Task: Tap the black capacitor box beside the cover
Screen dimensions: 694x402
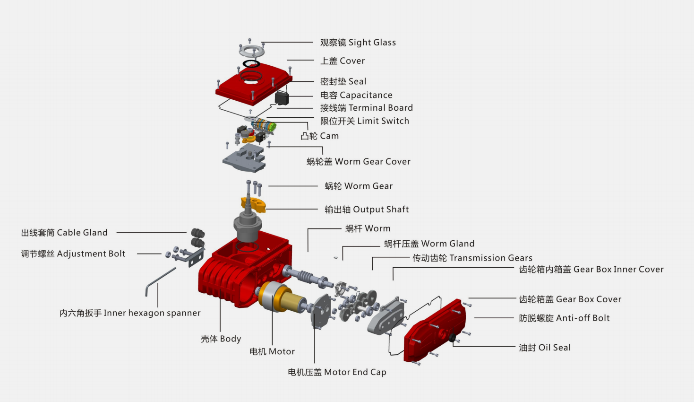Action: pos(282,98)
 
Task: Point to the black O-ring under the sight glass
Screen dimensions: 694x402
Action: pos(251,64)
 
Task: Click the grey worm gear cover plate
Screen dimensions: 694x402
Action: pos(244,158)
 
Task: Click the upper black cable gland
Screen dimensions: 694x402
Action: pos(197,233)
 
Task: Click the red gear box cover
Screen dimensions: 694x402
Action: pos(435,330)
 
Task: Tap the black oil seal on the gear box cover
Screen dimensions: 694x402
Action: pos(452,338)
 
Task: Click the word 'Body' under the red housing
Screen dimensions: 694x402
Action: pos(230,339)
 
